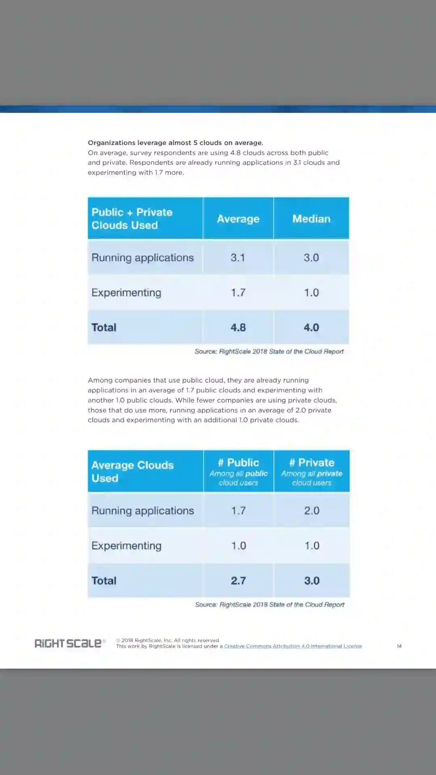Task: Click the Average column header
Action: [238, 219]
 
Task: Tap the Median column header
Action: [311, 219]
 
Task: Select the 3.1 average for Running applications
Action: [238, 258]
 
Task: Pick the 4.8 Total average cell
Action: [238, 327]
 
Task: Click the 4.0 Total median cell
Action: [311, 327]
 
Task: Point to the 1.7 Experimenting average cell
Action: [238, 293]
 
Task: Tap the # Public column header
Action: [238, 471]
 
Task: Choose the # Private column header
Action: [312, 471]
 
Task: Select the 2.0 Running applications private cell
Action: [312, 511]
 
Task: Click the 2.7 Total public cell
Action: [238, 580]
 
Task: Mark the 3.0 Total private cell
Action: [312, 580]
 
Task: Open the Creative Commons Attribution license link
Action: [293, 646]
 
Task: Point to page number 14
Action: [399, 646]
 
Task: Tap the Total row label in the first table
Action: [104, 327]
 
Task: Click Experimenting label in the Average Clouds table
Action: [126, 546]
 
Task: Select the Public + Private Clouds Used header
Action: [132, 219]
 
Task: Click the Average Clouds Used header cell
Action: [132, 471]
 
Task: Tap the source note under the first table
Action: [269, 352]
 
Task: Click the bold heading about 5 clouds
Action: [176, 143]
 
